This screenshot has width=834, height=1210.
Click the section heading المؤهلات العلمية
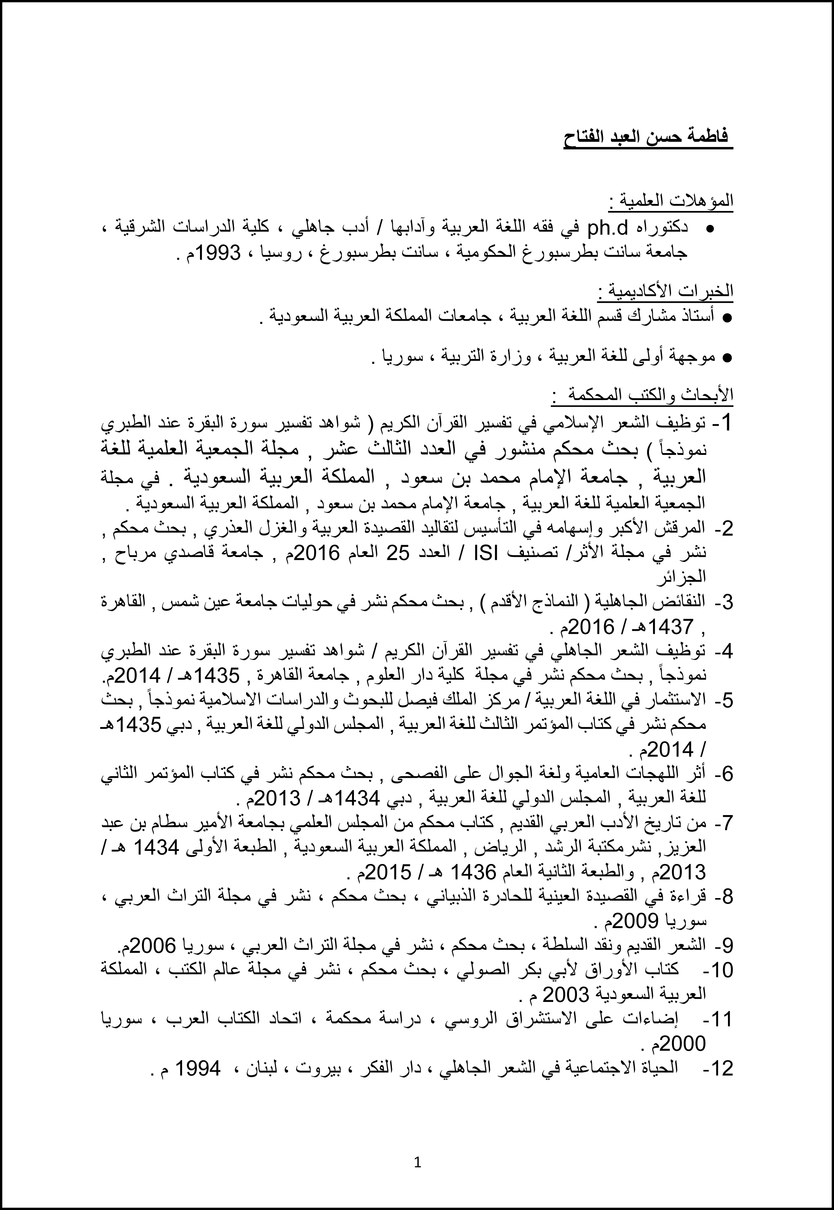click(x=671, y=201)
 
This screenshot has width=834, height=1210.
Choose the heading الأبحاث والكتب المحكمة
click(x=643, y=396)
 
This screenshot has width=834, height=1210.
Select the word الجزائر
click(x=684, y=576)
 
